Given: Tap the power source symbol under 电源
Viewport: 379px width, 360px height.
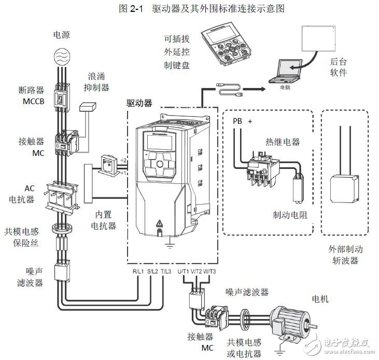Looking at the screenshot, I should click(62, 56).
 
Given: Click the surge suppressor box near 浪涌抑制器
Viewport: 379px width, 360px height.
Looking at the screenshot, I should click(89, 106).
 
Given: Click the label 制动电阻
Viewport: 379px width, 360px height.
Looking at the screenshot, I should click(290, 214).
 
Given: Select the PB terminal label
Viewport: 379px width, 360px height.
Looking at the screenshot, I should click(237, 121).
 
